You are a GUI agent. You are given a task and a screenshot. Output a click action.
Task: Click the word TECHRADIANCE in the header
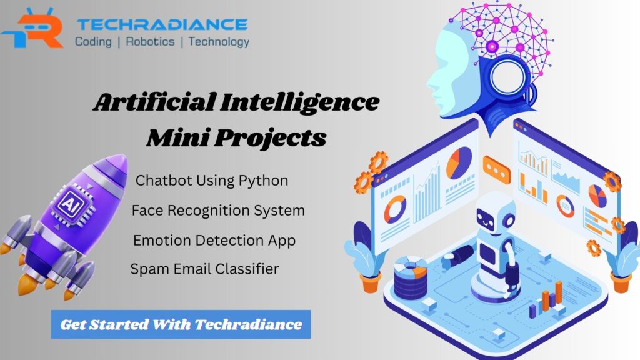161,24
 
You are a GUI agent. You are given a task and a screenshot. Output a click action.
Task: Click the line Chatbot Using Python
212,181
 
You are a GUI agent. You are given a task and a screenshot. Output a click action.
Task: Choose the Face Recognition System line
218,211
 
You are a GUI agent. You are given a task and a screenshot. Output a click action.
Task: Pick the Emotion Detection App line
214,241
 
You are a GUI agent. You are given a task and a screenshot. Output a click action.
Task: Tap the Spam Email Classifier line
204,269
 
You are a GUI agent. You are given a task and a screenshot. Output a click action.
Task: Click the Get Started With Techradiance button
181,324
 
